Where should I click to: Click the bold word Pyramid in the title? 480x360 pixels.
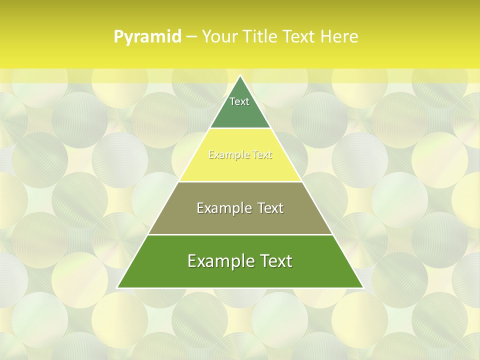147,37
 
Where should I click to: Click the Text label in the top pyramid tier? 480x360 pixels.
239,101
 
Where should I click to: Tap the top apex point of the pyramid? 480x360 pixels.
240,76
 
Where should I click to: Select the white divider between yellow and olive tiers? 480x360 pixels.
240,181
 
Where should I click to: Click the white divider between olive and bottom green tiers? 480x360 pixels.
240,234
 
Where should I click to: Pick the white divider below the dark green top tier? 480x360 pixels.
240,128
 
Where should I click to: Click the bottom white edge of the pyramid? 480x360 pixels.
240,288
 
